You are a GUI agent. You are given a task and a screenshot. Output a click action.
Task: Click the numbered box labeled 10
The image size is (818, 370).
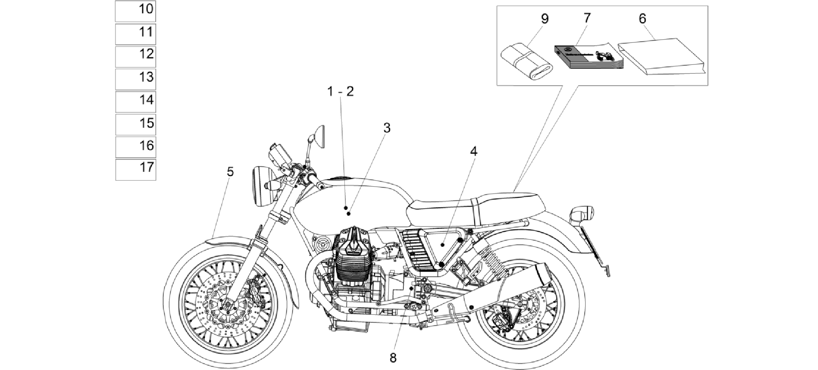pos(135,11)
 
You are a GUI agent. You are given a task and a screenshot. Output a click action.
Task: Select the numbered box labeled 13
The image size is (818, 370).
pos(135,79)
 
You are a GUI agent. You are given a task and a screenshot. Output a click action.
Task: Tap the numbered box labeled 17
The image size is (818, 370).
pos(135,169)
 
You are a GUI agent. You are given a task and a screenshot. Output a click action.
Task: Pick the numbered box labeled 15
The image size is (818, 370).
pos(135,124)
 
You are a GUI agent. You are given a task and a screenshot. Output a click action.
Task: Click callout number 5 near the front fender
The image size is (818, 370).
pos(230,172)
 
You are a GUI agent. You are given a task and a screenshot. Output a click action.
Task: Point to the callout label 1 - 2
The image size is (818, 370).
pos(341,91)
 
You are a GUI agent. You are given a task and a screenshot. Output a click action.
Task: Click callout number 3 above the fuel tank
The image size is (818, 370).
pos(387,128)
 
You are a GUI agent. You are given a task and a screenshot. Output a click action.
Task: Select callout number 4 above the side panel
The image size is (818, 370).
pos(474,151)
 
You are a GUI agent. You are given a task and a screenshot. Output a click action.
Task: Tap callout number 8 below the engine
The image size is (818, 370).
pos(393,358)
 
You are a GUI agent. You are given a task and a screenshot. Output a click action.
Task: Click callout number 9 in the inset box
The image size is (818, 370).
pos(545,18)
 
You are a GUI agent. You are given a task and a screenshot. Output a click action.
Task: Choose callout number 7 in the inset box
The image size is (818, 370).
pos(587,18)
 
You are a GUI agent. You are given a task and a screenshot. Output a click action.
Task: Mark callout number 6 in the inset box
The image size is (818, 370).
pos(642,18)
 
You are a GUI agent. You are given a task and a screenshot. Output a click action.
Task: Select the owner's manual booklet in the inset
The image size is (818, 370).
pos(588,57)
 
